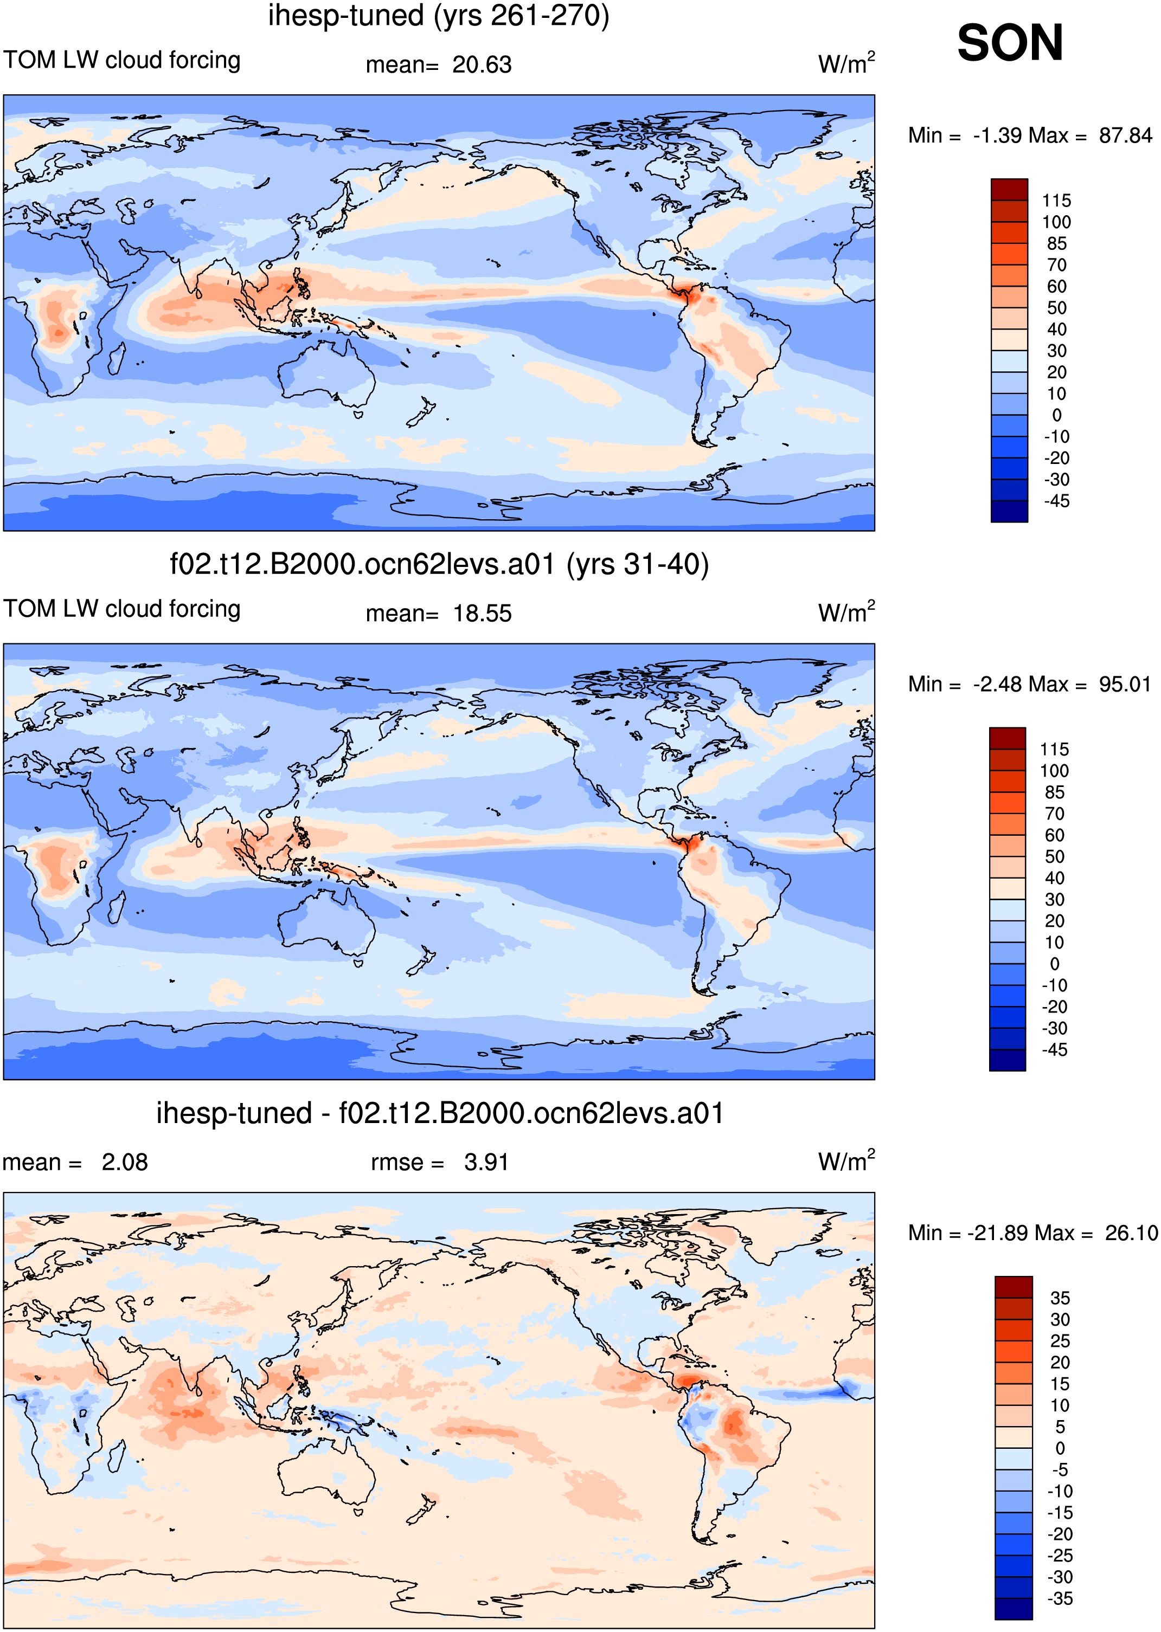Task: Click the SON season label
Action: point(1010,43)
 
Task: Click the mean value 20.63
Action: point(482,65)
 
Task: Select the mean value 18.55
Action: point(482,614)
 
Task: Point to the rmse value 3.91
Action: point(486,1163)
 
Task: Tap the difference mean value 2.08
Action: point(124,1163)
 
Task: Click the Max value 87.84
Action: point(1125,135)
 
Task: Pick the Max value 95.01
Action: point(1125,684)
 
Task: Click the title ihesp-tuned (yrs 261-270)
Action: point(439,16)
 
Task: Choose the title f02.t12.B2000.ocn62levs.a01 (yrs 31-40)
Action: point(439,564)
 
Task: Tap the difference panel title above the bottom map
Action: point(440,1113)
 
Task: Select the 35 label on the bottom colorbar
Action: point(1060,1298)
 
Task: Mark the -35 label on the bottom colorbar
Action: point(1060,1598)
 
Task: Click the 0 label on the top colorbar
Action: point(1057,415)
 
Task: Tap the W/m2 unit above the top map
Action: point(846,63)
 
